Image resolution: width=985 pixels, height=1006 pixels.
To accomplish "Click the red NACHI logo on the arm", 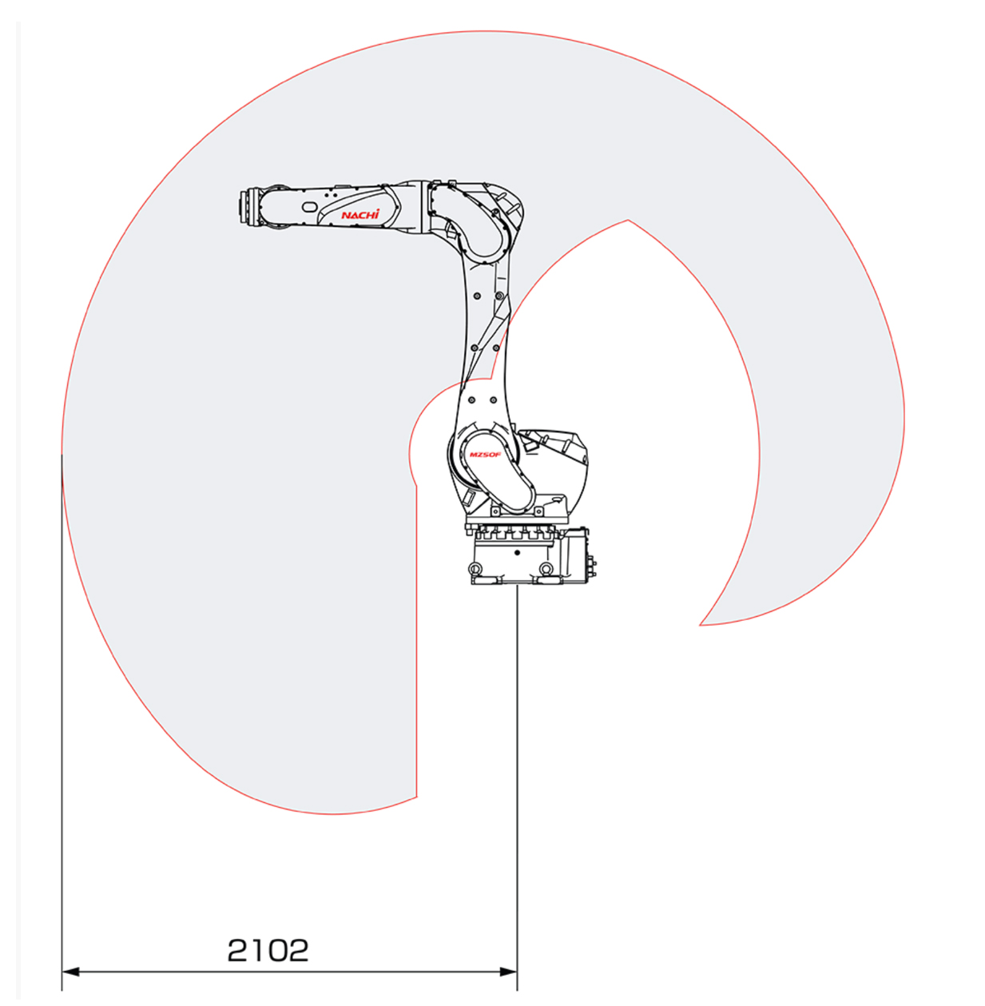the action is pyautogui.click(x=360, y=215).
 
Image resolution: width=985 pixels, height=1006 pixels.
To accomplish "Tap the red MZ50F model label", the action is pyautogui.click(x=485, y=455).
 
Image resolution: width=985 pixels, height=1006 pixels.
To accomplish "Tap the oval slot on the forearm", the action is pyautogui.click(x=309, y=207).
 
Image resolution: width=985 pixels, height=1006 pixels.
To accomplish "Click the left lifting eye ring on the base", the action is pyautogui.click(x=475, y=568).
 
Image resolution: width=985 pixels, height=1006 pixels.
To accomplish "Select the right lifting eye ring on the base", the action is pyautogui.click(x=546, y=568).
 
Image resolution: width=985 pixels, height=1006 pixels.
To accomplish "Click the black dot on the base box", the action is pyautogui.click(x=518, y=552).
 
